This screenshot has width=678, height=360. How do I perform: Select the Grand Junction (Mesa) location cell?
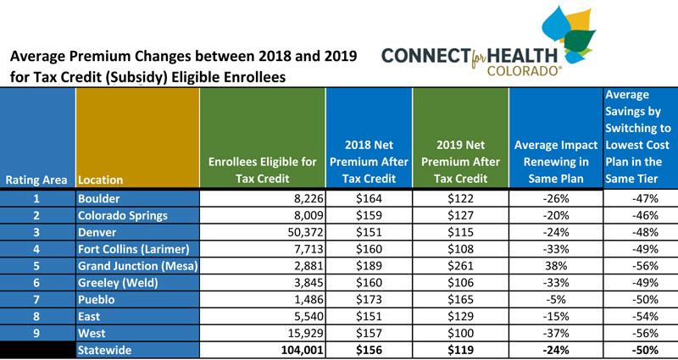(x=137, y=266)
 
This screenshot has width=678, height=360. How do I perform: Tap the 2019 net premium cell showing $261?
(x=460, y=266)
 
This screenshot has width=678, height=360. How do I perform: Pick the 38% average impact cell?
(x=556, y=266)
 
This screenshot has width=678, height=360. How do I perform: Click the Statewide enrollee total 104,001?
(x=303, y=350)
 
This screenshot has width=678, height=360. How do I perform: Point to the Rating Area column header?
(x=36, y=180)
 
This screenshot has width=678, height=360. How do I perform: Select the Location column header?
(x=100, y=180)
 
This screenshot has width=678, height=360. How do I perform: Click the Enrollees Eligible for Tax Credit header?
(x=263, y=170)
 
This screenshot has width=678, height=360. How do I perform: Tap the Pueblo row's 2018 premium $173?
(x=369, y=300)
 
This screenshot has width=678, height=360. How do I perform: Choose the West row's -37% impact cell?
(x=556, y=333)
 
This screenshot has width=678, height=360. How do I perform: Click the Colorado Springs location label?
(x=122, y=215)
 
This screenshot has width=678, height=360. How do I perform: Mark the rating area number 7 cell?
(x=36, y=300)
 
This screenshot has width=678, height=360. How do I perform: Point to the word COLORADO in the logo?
(x=524, y=70)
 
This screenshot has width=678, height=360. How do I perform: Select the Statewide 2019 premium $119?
(x=460, y=350)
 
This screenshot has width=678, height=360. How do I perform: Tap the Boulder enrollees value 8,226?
(x=309, y=198)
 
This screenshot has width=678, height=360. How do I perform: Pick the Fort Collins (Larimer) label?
(x=134, y=249)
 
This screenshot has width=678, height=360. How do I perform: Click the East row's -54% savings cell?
(x=645, y=316)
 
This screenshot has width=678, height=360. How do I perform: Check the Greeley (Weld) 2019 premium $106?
(x=460, y=283)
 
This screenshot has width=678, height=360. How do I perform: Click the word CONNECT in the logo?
(x=425, y=55)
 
